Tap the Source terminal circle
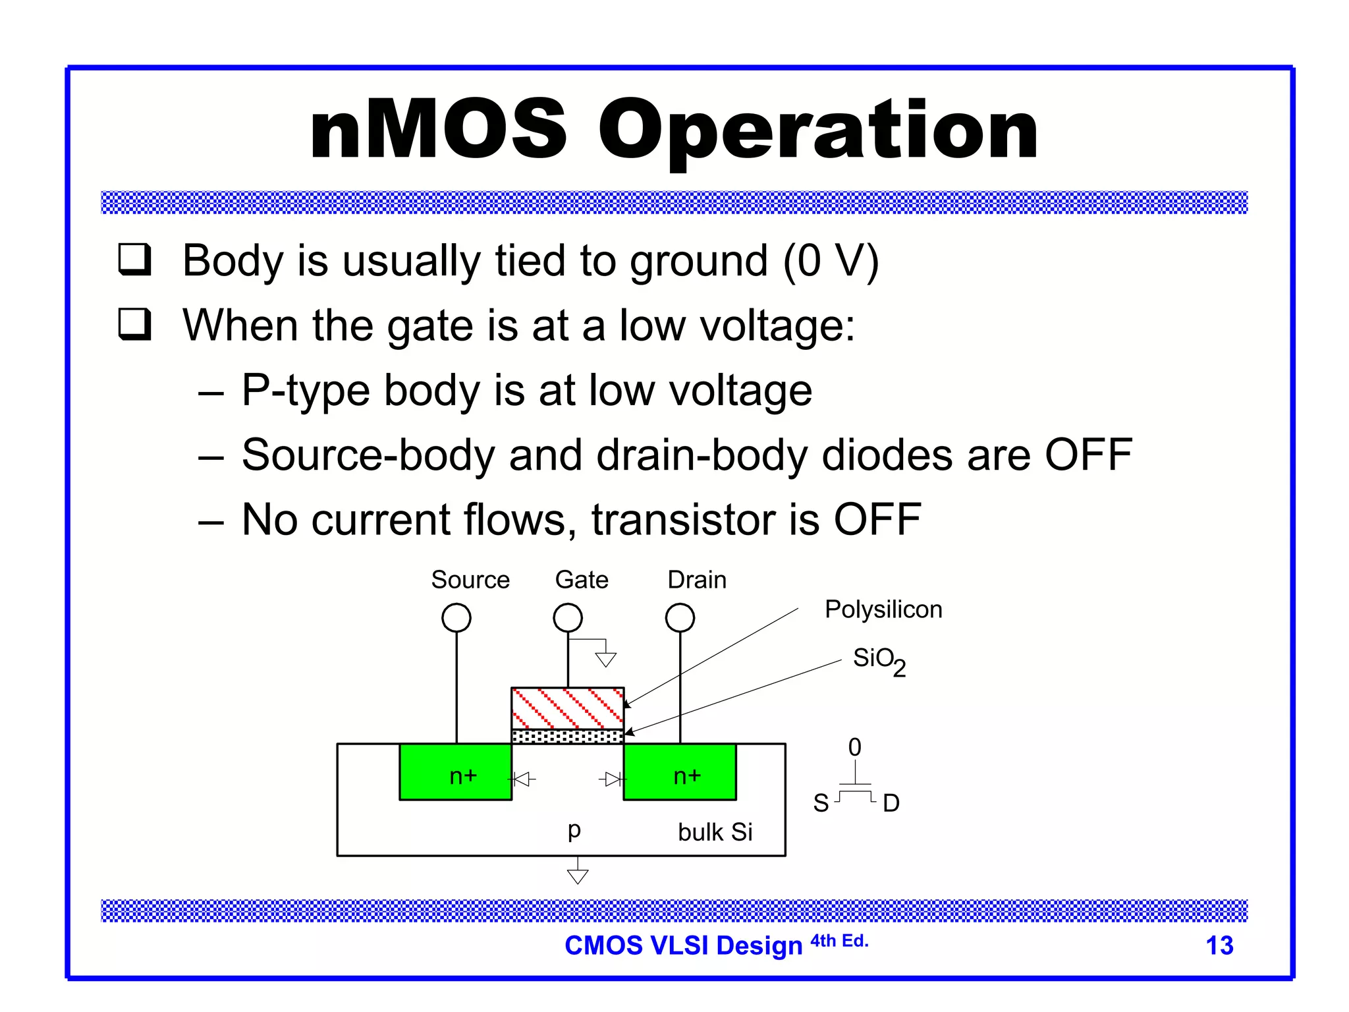pyautogui.click(x=456, y=618)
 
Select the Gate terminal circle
pyautogui.click(x=568, y=618)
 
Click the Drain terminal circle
pyautogui.click(x=680, y=618)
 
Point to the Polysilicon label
pyautogui.click(x=883, y=609)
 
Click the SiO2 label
pyautogui.click(x=879, y=660)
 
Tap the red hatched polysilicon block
pyautogui.click(x=568, y=708)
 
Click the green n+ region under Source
pyautogui.click(x=456, y=772)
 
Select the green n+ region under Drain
pyautogui.click(x=680, y=772)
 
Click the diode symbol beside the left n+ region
pyautogui.click(x=523, y=780)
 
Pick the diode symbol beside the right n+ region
pyautogui.click(x=613, y=780)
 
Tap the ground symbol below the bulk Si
pyautogui.click(x=578, y=875)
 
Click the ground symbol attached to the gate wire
pyautogui.click(x=605, y=659)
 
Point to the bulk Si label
pyautogui.click(x=715, y=832)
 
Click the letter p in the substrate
pyautogui.click(x=574, y=829)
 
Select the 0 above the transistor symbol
pyautogui.click(x=854, y=747)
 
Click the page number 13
pyautogui.click(x=1219, y=945)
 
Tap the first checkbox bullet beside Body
pyautogui.click(x=135, y=260)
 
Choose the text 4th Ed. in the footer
pyautogui.click(x=839, y=941)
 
